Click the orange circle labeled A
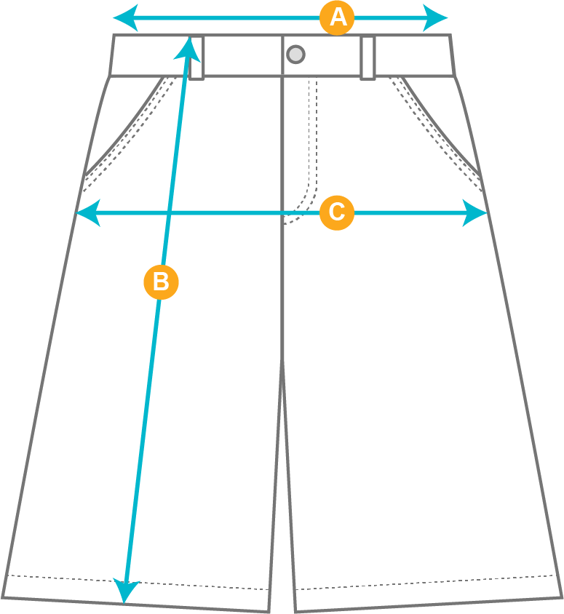coord(337,18)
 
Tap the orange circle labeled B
coord(162,282)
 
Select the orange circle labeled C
coord(337,212)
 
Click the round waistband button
coord(295,55)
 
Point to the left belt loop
coord(196,58)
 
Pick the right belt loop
coord(368,58)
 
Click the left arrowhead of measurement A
coord(125,18)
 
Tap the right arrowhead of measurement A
coord(435,18)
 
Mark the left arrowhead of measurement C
coord(88,213)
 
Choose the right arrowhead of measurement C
coord(474,213)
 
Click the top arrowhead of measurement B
coord(188,49)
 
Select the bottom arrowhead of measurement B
coord(125,590)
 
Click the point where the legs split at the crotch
coord(282,362)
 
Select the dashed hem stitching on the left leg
coord(138,582)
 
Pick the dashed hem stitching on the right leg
coord(425,582)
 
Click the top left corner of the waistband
coord(114,35)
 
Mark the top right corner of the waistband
coord(450,35)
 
